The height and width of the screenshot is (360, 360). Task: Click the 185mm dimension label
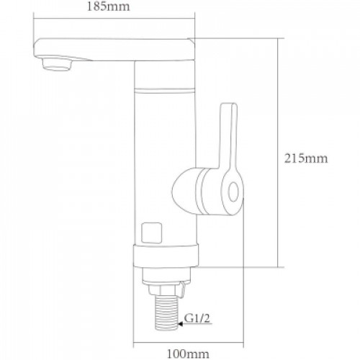coord(108,6)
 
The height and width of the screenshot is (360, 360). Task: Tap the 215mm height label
coord(306,158)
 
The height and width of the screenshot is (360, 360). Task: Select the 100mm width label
coord(188,354)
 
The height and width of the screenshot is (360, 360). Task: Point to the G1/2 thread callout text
coord(197,319)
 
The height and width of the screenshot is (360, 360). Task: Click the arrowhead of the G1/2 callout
coord(180,324)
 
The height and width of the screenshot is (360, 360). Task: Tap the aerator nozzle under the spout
coord(57,64)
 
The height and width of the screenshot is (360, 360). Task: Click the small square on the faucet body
coord(151,233)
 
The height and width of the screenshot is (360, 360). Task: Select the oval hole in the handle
coord(233,192)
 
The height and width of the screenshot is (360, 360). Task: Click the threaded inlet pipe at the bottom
coord(166,312)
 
